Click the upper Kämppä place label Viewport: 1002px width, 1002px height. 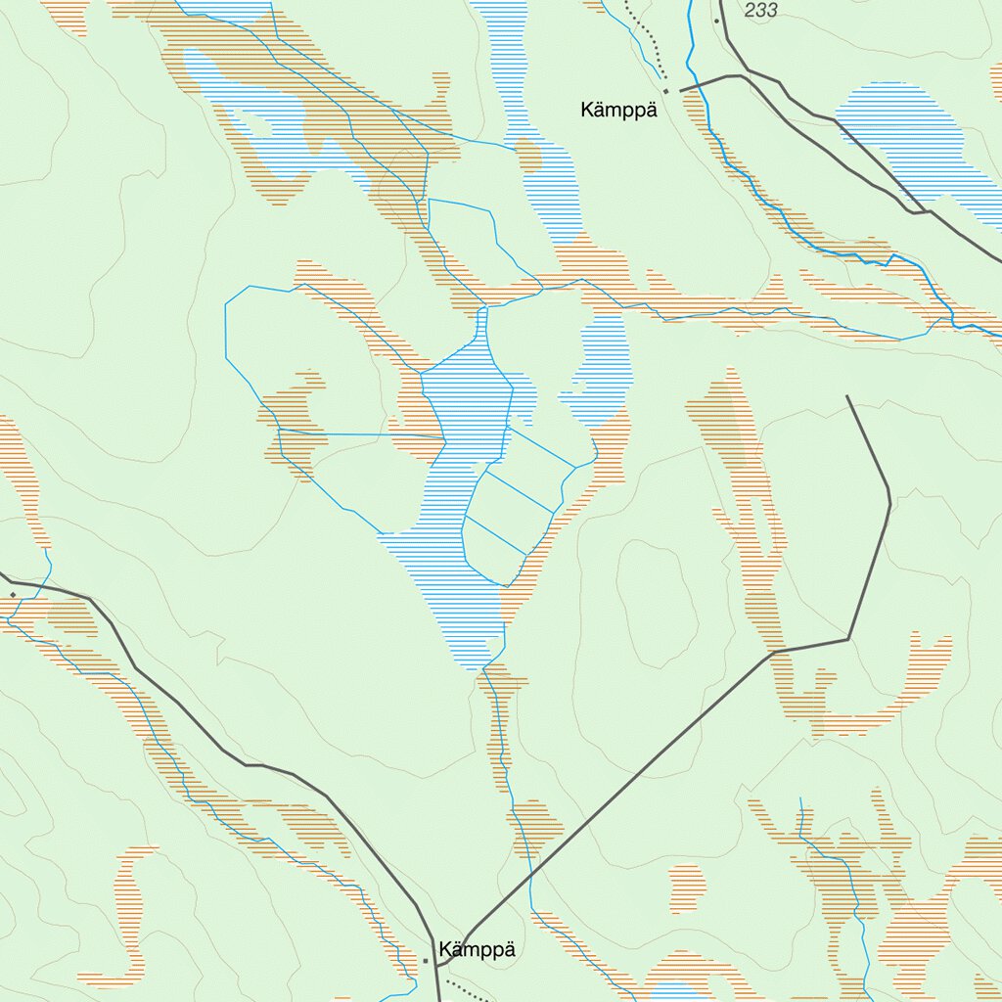pos(616,110)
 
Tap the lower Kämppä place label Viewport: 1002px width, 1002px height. pos(477,950)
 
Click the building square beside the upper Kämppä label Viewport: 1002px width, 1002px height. pos(666,91)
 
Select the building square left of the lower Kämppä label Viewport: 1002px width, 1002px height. pos(426,961)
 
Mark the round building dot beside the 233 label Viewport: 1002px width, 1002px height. pos(716,21)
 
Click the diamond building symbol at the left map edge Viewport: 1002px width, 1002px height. pos(12,594)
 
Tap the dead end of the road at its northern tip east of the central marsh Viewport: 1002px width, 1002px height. pos(847,396)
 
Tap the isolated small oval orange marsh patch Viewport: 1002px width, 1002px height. pos(687,888)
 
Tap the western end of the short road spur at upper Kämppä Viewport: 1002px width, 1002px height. pos(681,90)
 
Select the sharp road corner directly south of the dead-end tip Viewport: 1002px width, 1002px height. pos(848,639)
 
